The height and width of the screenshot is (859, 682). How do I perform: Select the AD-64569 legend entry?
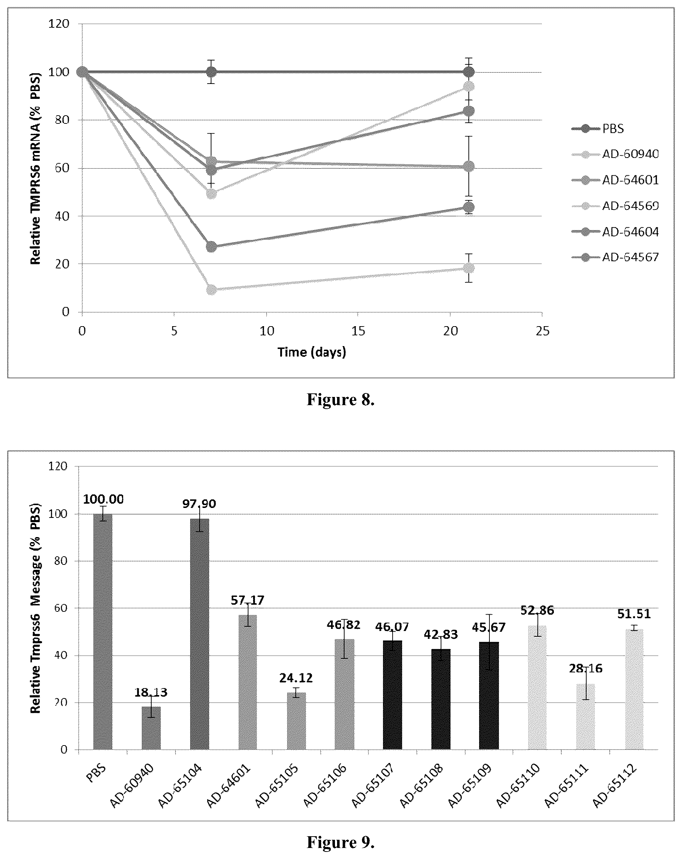tap(615, 206)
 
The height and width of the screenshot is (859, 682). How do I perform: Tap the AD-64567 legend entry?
tap(615, 257)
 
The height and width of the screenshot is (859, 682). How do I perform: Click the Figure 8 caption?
tap(340, 399)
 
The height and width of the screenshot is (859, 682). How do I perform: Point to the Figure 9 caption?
tap(340, 842)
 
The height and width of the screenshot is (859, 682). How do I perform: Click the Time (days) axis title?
tap(312, 352)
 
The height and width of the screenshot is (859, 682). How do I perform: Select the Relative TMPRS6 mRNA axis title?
tap(36, 168)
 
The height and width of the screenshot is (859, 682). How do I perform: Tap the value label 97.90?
tap(199, 504)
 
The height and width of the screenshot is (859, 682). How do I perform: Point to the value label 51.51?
tap(634, 614)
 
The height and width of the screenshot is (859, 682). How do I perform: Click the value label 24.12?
tap(296, 678)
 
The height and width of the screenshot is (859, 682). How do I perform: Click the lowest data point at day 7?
tap(212, 290)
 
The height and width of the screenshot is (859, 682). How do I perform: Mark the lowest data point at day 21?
tap(469, 268)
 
